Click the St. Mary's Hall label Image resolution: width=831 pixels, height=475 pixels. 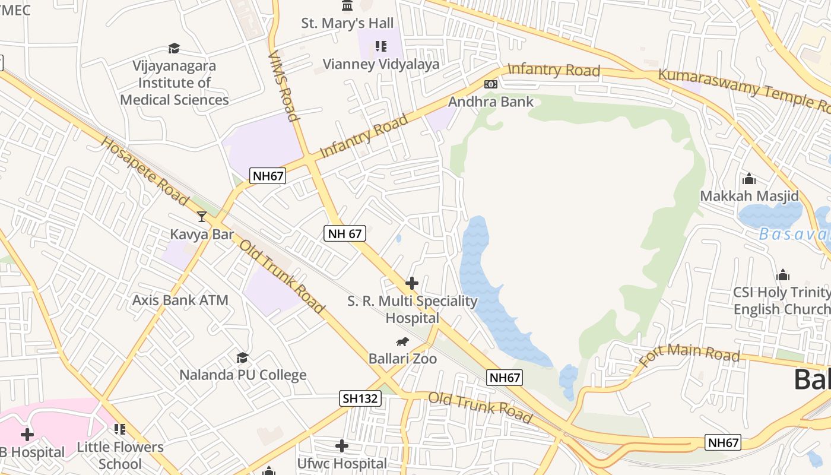coord(347,23)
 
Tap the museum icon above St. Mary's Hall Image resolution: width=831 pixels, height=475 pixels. coord(347,5)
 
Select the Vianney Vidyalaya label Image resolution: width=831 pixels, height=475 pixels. coord(380,64)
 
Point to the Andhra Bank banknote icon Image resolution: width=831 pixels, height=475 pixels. coord(490,84)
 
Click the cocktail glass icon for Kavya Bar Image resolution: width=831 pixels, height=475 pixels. coord(202,217)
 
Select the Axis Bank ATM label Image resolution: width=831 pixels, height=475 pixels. coord(180,300)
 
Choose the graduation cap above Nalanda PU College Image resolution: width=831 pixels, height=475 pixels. coord(242,357)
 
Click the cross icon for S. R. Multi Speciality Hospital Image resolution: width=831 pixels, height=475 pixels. coord(412,283)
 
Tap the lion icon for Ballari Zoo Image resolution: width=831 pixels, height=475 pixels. coord(402,341)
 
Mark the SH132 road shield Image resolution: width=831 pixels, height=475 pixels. coord(360,398)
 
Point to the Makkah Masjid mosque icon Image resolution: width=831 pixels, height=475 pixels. coord(749,179)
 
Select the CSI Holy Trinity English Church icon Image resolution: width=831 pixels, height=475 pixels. coord(783,275)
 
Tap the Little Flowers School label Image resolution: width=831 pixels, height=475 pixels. coord(120,455)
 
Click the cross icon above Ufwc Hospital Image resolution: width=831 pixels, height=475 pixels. coord(342,446)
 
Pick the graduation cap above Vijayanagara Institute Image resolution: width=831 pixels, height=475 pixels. coord(174,48)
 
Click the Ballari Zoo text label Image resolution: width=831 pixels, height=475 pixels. coord(402,359)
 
